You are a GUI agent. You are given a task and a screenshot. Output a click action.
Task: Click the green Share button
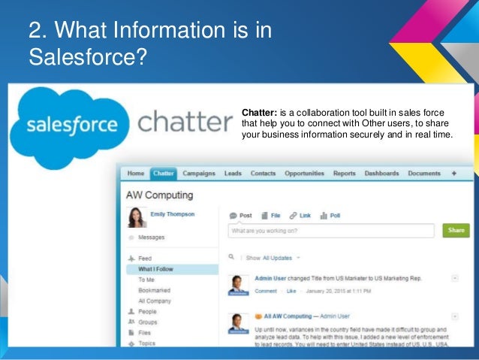(456, 231)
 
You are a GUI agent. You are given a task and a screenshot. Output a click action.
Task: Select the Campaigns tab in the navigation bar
(198, 174)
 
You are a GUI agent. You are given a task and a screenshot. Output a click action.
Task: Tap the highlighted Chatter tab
(163, 174)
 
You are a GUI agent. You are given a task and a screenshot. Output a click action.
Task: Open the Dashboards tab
(381, 174)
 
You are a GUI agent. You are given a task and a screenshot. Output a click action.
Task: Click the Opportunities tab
(304, 174)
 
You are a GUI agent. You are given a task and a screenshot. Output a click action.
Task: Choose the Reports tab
(344, 174)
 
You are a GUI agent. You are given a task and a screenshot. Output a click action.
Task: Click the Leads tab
(233, 174)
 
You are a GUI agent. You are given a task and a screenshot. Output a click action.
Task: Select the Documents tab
(424, 174)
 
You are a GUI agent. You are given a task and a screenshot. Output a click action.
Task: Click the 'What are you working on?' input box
(331, 231)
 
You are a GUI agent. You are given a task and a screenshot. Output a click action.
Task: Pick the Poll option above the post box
(330, 215)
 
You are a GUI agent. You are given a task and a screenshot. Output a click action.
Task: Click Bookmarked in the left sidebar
(154, 290)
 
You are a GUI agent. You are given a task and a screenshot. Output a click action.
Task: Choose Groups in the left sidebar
(148, 321)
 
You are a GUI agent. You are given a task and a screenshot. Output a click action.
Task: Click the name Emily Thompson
(172, 214)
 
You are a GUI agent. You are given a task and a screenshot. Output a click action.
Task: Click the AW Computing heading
(159, 195)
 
